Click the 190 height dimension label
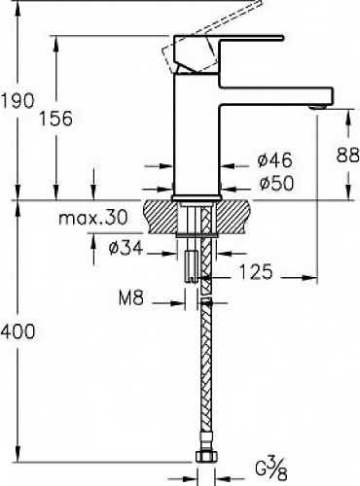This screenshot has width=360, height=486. coord(17,100)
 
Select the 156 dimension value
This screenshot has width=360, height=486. coord(55,119)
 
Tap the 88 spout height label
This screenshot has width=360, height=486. coord(347,155)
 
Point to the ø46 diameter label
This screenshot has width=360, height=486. coord(275,159)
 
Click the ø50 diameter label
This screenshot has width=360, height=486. coord(276,183)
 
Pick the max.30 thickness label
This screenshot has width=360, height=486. coord(93,218)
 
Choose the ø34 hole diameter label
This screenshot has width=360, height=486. coord(126,249)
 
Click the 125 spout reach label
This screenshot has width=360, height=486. coord(256,271)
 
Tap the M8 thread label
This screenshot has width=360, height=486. coord(131,297)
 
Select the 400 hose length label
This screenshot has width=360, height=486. coord(17,331)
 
